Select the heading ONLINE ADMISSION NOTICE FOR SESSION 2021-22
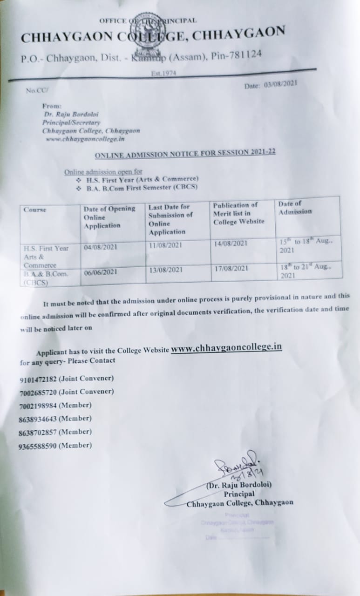(185, 153)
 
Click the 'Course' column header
(35, 210)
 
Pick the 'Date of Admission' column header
(295, 208)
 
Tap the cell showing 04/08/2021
(101, 247)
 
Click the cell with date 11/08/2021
(165, 245)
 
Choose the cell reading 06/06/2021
(101, 272)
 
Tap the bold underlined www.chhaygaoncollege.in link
(226, 348)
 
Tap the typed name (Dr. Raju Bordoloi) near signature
(239, 485)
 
